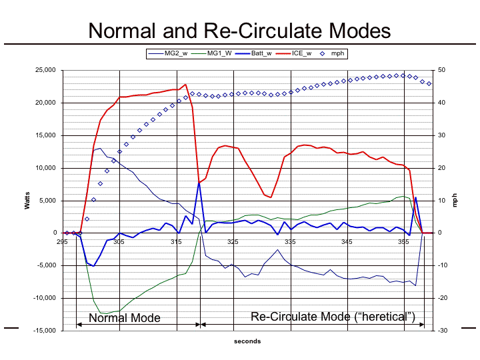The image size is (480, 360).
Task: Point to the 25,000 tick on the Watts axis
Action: pyautogui.click(x=45, y=70)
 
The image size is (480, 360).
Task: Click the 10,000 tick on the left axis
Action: pyautogui.click(x=45, y=168)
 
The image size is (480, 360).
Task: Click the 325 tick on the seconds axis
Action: pyautogui.click(x=233, y=241)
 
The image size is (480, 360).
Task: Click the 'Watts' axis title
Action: pyautogui.click(x=27, y=200)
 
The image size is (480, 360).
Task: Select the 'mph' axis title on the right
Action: pyautogui.click(x=455, y=200)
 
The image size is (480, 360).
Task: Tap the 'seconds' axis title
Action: pyautogui.click(x=247, y=341)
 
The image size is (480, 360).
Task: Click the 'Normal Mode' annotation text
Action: pyautogui.click(x=125, y=318)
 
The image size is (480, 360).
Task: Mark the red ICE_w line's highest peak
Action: pyautogui.click(x=185, y=85)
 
